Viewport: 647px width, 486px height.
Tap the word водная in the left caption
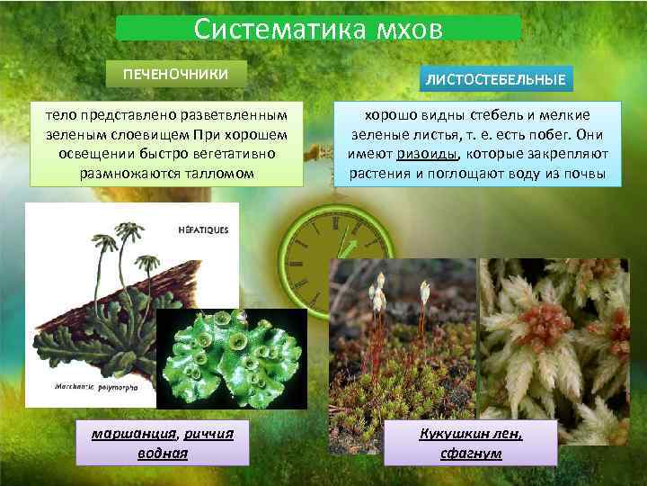click(162, 453)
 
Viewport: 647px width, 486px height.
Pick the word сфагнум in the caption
click(471, 453)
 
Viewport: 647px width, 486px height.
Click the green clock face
click(334, 256)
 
